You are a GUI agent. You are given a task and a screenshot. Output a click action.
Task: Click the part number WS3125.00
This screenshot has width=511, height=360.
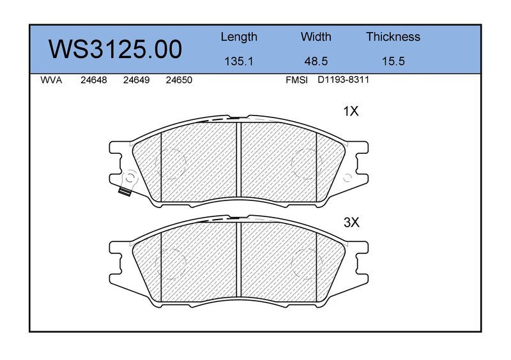click(x=116, y=49)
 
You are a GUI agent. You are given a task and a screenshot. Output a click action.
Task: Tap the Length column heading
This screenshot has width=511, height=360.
click(x=239, y=37)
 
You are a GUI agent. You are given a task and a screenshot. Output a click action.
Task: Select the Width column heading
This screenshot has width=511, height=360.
click(x=316, y=36)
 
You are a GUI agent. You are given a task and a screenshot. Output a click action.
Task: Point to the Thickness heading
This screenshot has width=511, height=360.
click(x=393, y=36)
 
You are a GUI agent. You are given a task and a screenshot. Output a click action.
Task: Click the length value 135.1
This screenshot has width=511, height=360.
click(x=239, y=61)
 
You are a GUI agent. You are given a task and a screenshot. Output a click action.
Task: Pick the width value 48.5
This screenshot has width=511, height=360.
click(x=316, y=61)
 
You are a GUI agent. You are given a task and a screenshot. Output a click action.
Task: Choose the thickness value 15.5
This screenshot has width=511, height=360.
click(x=393, y=61)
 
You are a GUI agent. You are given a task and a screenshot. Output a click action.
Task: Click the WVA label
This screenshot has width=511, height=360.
click(x=51, y=80)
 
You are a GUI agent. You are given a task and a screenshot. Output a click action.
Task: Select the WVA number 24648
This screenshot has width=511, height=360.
click(x=93, y=80)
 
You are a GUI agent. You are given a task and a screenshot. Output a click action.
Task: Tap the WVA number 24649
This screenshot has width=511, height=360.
click(x=136, y=80)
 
